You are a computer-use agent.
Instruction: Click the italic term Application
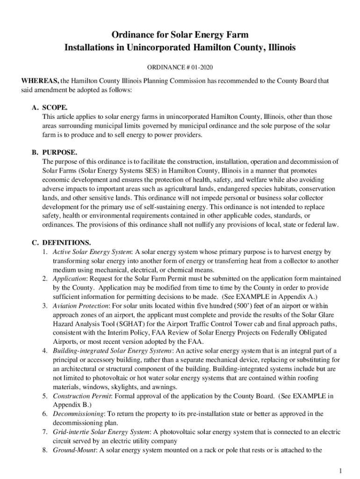69,279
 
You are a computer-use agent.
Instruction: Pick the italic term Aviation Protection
80,306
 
